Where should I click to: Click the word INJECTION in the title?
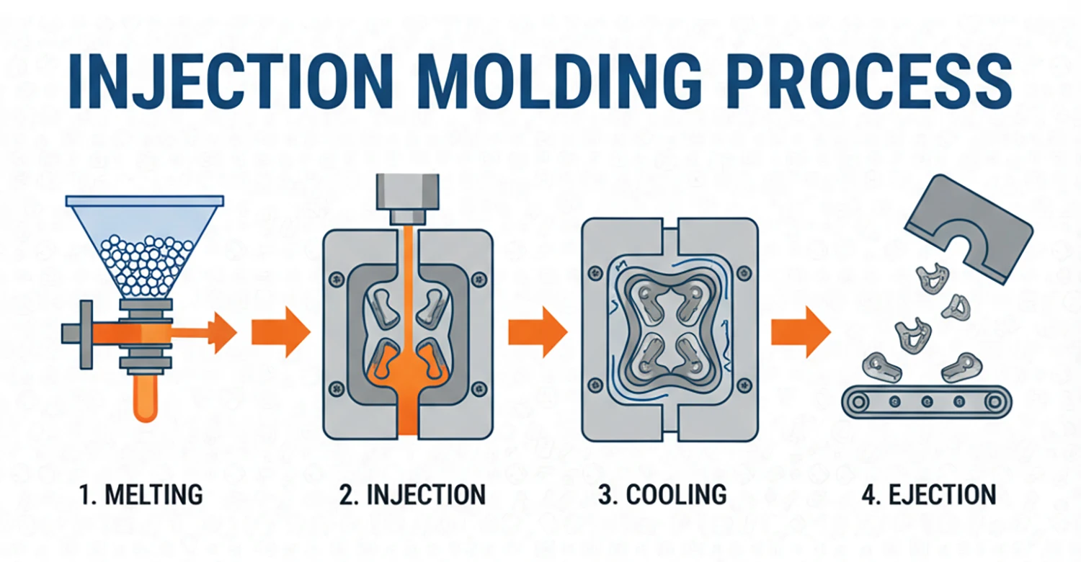point(231,81)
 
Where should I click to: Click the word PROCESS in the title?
point(868,81)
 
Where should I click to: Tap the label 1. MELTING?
point(141,494)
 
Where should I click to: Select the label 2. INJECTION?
point(412,494)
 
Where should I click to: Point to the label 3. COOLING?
point(662,494)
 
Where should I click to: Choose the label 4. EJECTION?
point(929,494)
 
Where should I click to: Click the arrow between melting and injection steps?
point(281,332)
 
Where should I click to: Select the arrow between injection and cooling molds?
point(538,332)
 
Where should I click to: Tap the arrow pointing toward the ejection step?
point(801,332)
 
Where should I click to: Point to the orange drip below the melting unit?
point(146,398)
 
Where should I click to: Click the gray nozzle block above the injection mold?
point(408,199)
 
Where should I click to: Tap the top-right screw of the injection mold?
point(479,278)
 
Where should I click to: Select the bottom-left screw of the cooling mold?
point(595,385)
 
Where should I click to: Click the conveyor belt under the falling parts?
point(927,401)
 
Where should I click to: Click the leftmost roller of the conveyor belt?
point(858,401)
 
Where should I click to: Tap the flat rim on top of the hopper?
point(145,201)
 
